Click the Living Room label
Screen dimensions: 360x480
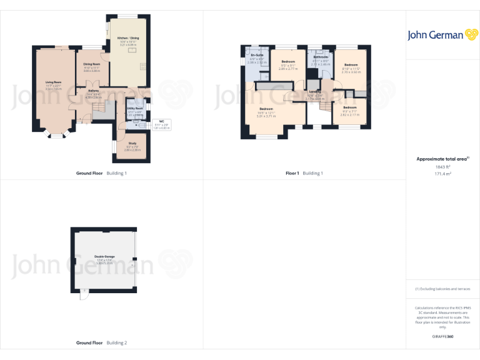[53, 82]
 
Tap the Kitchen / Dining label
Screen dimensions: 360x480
[128, 39]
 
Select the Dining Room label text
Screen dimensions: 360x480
[92, 63]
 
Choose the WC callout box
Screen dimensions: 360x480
[161, 123]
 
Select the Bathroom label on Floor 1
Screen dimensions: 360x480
[320, 57]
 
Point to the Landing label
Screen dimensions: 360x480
[315, 91]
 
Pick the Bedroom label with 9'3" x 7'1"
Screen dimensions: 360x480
[349, 107]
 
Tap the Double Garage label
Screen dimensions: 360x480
[104, 256]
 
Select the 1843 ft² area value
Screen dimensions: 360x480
[443, 167]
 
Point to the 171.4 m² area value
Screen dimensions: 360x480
[443, 174]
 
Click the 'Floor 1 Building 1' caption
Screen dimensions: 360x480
[304, 173]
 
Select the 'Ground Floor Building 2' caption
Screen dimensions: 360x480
[101, 343]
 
